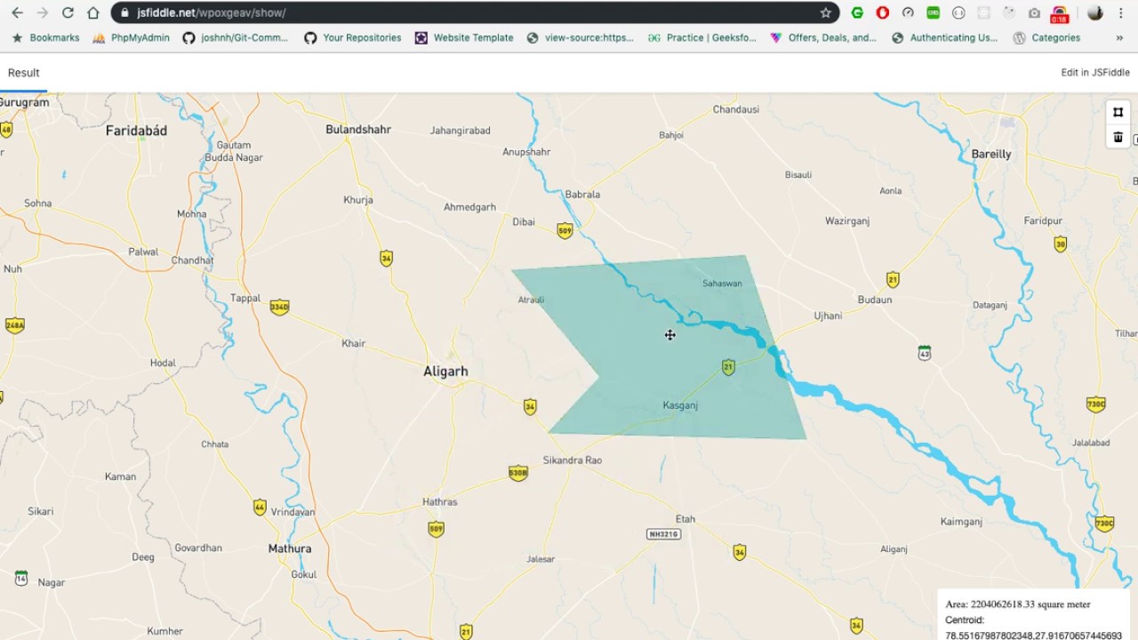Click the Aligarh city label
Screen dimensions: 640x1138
[445, 372]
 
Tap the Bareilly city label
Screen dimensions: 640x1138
[990, 154]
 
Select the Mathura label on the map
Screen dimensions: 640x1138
[290, 548]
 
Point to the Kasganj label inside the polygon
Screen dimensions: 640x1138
[680, 405]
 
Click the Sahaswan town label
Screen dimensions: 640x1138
[722, 284]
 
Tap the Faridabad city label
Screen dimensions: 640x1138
[136, 131]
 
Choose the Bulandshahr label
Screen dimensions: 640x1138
[358, 130]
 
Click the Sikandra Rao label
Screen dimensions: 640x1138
[572, 460]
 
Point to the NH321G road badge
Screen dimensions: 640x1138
[663, 534]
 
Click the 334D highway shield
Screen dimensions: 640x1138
[279, 308]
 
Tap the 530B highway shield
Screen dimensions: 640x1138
[518, 473]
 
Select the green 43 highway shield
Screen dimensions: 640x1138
[925, 353]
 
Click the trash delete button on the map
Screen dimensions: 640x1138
[1118, 137]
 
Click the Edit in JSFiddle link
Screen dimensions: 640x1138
[1094, 73]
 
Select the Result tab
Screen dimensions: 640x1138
[24, 73]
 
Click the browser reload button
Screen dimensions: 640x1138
[68, 13]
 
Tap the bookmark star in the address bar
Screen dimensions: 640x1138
[826, 13]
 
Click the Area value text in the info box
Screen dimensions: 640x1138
[1018, 604]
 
